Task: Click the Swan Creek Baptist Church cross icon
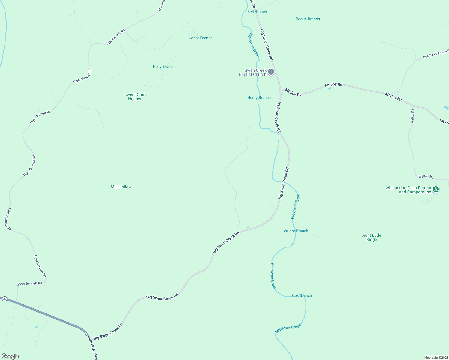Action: (x=271, y=72)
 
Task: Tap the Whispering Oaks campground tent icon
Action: (x=436, y=190)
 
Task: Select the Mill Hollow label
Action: (x=121, y=187)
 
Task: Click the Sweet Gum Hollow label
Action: (x=135, y=97)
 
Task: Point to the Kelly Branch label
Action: (x=164, y=67)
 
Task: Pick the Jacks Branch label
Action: (x=201, y=38)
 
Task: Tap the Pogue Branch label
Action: (x=308, y=19)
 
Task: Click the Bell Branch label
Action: (x=257, y=12)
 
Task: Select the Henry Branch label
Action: (x=259, y=97)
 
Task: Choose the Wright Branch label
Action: (x=296, y=231)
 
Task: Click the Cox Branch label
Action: (x=302, y=295)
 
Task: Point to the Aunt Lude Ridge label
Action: (x=372, y=237)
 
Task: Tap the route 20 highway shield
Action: (x=5, y=299)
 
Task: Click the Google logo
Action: (x=10, y=356)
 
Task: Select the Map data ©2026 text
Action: (x=436, y=358)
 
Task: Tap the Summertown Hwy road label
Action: (x=91, y=346)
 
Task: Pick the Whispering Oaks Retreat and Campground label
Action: (x=408, y=190)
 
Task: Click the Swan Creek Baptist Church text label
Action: (x=253, y=72)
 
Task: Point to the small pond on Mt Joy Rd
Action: (x=330, y=88)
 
